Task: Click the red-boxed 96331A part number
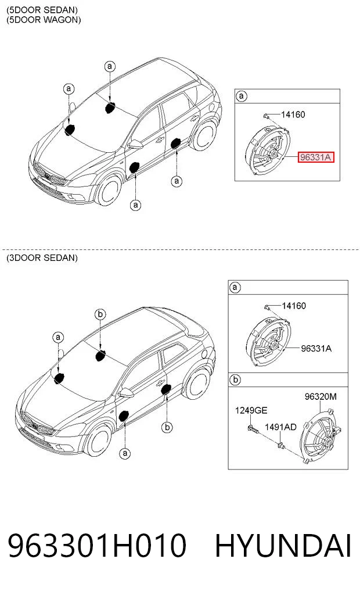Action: point(316,157)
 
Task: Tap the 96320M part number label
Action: point(321,396)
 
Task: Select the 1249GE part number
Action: point(251,410)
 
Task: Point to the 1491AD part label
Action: point(280,427)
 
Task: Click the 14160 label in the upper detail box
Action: point(293,114)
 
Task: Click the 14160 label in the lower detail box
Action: point(294,305)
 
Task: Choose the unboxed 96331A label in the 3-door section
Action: point(316,348)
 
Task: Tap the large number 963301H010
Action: point(97,545)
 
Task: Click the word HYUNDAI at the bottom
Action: point(283,545)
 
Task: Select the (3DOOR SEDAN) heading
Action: point(42,258)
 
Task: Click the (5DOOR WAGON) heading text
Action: point(44,20)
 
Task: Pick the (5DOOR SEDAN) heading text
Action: point(42,10)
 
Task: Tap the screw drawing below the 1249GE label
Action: point(253,428)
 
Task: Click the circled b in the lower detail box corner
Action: point(235,379)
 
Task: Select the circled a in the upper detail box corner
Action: point(242,96)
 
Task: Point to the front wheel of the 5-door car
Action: point(109,191)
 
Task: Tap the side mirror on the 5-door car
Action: point(136,144)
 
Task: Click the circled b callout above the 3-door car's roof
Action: point(100,314)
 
